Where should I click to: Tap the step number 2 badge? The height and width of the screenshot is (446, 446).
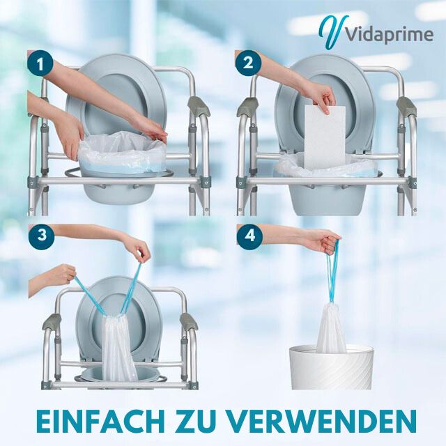click(249, 66)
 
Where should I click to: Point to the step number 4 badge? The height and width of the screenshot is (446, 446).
click(249, 236)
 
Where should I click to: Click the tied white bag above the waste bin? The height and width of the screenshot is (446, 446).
click(328, 328)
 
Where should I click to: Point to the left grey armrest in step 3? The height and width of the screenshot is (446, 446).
click(52, 322)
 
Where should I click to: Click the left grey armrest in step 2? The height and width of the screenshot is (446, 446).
click(248, 106)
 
